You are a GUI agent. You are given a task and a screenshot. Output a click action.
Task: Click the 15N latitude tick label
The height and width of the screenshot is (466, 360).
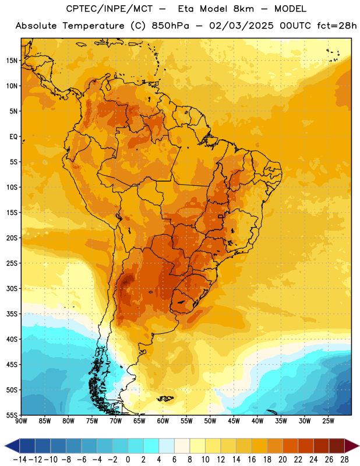[x=12, y=61]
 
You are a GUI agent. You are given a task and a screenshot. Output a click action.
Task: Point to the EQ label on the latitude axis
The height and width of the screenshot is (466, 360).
[x=13, y=137]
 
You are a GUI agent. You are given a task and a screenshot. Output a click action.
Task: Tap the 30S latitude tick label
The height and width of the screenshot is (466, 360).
[x=12, y=288]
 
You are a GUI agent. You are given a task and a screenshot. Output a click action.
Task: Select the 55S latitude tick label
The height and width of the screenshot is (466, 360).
[x=12, y=415]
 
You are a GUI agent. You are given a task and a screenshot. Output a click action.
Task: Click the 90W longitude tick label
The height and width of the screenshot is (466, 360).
[x=21, y=421]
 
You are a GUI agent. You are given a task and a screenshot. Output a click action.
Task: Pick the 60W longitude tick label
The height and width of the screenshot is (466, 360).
[x=163, y=421]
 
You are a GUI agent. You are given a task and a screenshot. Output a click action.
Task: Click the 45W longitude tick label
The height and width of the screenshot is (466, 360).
[x=234, y=421]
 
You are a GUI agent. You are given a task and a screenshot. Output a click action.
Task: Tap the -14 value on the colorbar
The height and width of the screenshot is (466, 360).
[x=20, y=460]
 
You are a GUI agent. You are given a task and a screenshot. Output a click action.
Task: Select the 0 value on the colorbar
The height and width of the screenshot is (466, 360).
[x=128, y=460]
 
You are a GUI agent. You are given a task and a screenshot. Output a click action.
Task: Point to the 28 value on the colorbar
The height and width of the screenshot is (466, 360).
[x=344, y=460]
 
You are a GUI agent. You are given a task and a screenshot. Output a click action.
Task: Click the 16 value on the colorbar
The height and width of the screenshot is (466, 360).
[x=252, y=460]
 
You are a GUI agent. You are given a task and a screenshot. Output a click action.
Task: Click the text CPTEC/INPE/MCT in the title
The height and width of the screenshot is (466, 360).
[x=110, y=9]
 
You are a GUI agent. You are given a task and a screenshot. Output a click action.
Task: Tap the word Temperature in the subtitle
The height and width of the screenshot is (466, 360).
[x=93, y=26]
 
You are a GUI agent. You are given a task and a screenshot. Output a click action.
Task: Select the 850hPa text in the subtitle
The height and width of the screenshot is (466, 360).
[x=170, y=26]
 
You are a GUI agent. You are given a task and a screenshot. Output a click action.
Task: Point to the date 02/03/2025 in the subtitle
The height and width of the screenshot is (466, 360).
[x=241, y=26]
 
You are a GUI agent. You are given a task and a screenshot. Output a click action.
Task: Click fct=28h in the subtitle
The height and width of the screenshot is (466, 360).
[x=337, y=26]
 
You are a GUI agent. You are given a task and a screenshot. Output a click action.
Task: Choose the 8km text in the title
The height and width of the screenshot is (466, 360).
[x=243, y=9]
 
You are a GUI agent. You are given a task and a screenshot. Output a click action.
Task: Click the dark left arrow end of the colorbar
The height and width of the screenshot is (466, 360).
[x=12, y=446]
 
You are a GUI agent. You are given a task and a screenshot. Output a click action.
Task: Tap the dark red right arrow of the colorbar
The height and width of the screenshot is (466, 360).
[x=352, y=446]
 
